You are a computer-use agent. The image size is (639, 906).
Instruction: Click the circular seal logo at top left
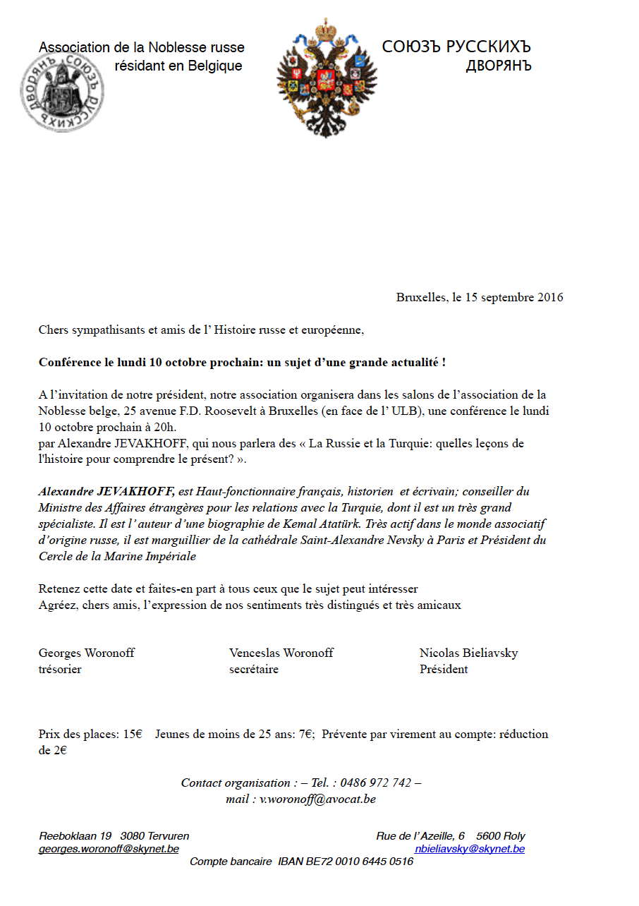(63, 92)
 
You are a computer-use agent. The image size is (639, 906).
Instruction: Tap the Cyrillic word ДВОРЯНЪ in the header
(498, 66)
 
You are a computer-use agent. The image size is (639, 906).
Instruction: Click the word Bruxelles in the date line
(420, 297)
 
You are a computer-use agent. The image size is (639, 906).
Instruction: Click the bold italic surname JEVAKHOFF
(130, 491)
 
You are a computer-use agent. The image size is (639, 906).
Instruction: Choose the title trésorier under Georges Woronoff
(60, 669)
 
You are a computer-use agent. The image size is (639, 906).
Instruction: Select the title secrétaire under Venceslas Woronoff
(253, 669)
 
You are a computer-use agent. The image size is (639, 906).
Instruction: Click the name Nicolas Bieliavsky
(468, 653)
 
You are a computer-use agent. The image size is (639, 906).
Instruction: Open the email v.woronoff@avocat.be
(317, 799)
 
